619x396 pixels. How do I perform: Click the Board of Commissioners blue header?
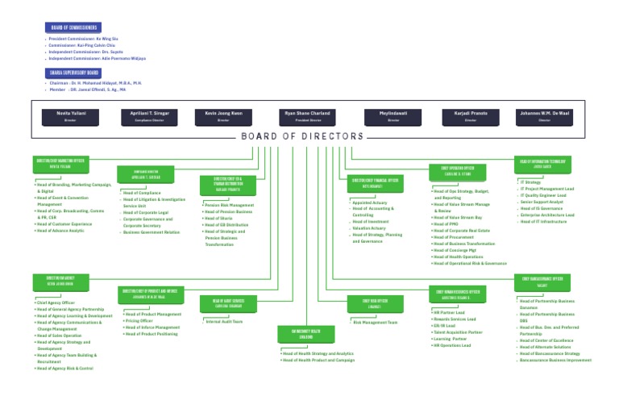(73, 27)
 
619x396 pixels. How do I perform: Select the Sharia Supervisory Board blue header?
(73, 73)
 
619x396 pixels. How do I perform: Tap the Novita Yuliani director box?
(69, 116)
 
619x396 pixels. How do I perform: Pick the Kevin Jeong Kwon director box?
(223, 116)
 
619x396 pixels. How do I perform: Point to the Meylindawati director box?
(393, 116)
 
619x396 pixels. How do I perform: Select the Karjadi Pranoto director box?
(471, 116)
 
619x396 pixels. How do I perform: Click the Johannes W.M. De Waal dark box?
(544, 116)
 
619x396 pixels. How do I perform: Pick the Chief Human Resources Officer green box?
(458, 294)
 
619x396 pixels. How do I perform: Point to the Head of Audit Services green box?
(228, 303)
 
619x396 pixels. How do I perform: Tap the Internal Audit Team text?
(226, 321)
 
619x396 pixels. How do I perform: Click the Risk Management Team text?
(376, 322)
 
